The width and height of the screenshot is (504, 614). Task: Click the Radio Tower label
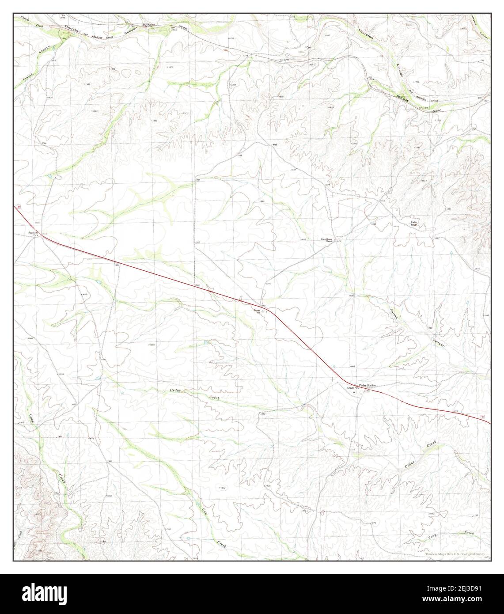coord(414,224)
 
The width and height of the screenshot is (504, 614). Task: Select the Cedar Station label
coord(367,386)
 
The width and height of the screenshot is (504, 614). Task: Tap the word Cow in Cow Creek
coord(205,512)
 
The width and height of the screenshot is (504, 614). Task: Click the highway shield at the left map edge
coord(19,207)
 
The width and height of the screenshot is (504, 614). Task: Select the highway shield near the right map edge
coord(483,417)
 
